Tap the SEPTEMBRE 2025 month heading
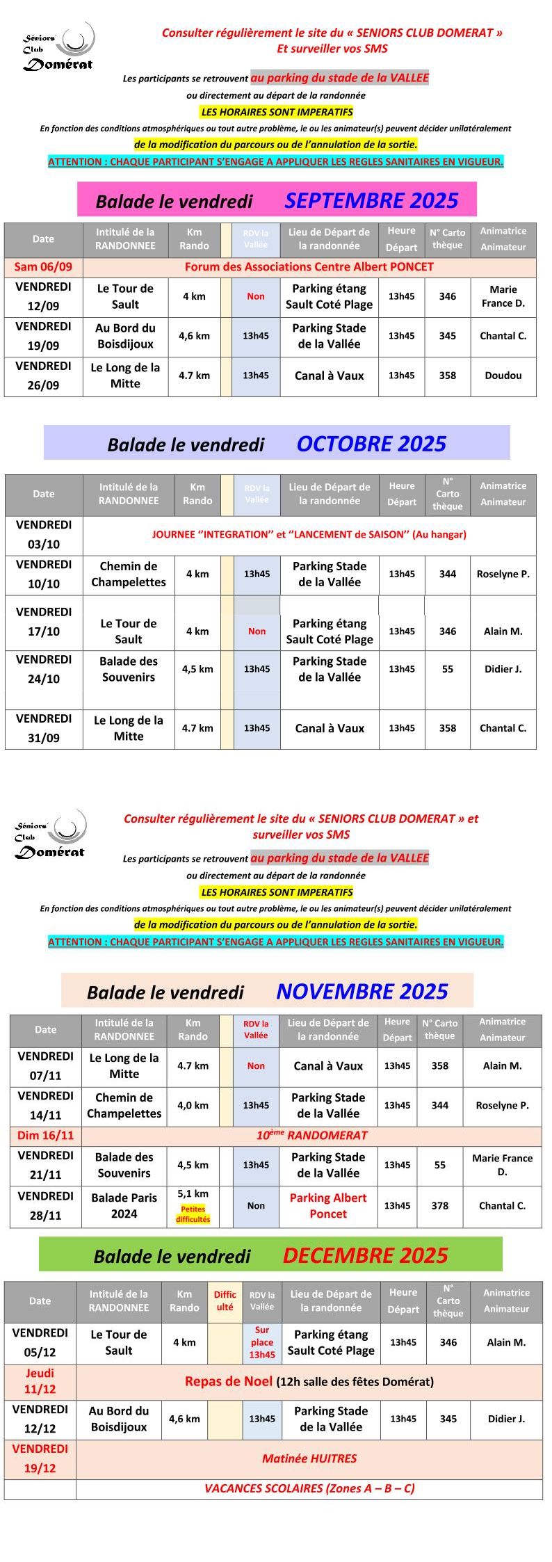tap(371, 200)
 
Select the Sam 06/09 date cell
tap(43, 266)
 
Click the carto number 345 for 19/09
tap(447, 336)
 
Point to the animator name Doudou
tap(503, 376)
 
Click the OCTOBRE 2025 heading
tap(371, 444)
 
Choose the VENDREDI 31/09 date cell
tap(43, 728)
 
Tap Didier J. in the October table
tap(503, 669)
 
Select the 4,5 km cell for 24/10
tap(197, 669)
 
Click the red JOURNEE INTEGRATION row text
tap(309, 534)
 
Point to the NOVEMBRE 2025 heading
tap(362, 991)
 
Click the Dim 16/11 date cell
tap(45, 1136)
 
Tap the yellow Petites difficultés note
tap(193, 1214)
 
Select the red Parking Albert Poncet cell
tap(327, 1205)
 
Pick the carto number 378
tap(439, 1205)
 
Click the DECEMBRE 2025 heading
tap(365, 1255)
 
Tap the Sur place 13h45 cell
tap(262, 1342)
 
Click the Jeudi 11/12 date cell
tap(40, 1380)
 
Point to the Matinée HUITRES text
tap(309, 1458)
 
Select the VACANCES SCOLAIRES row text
tap(309, 1488)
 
